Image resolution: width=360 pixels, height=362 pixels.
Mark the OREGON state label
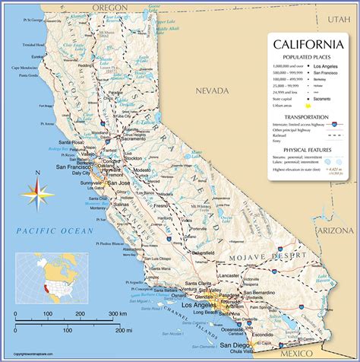tap(109, 6)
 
